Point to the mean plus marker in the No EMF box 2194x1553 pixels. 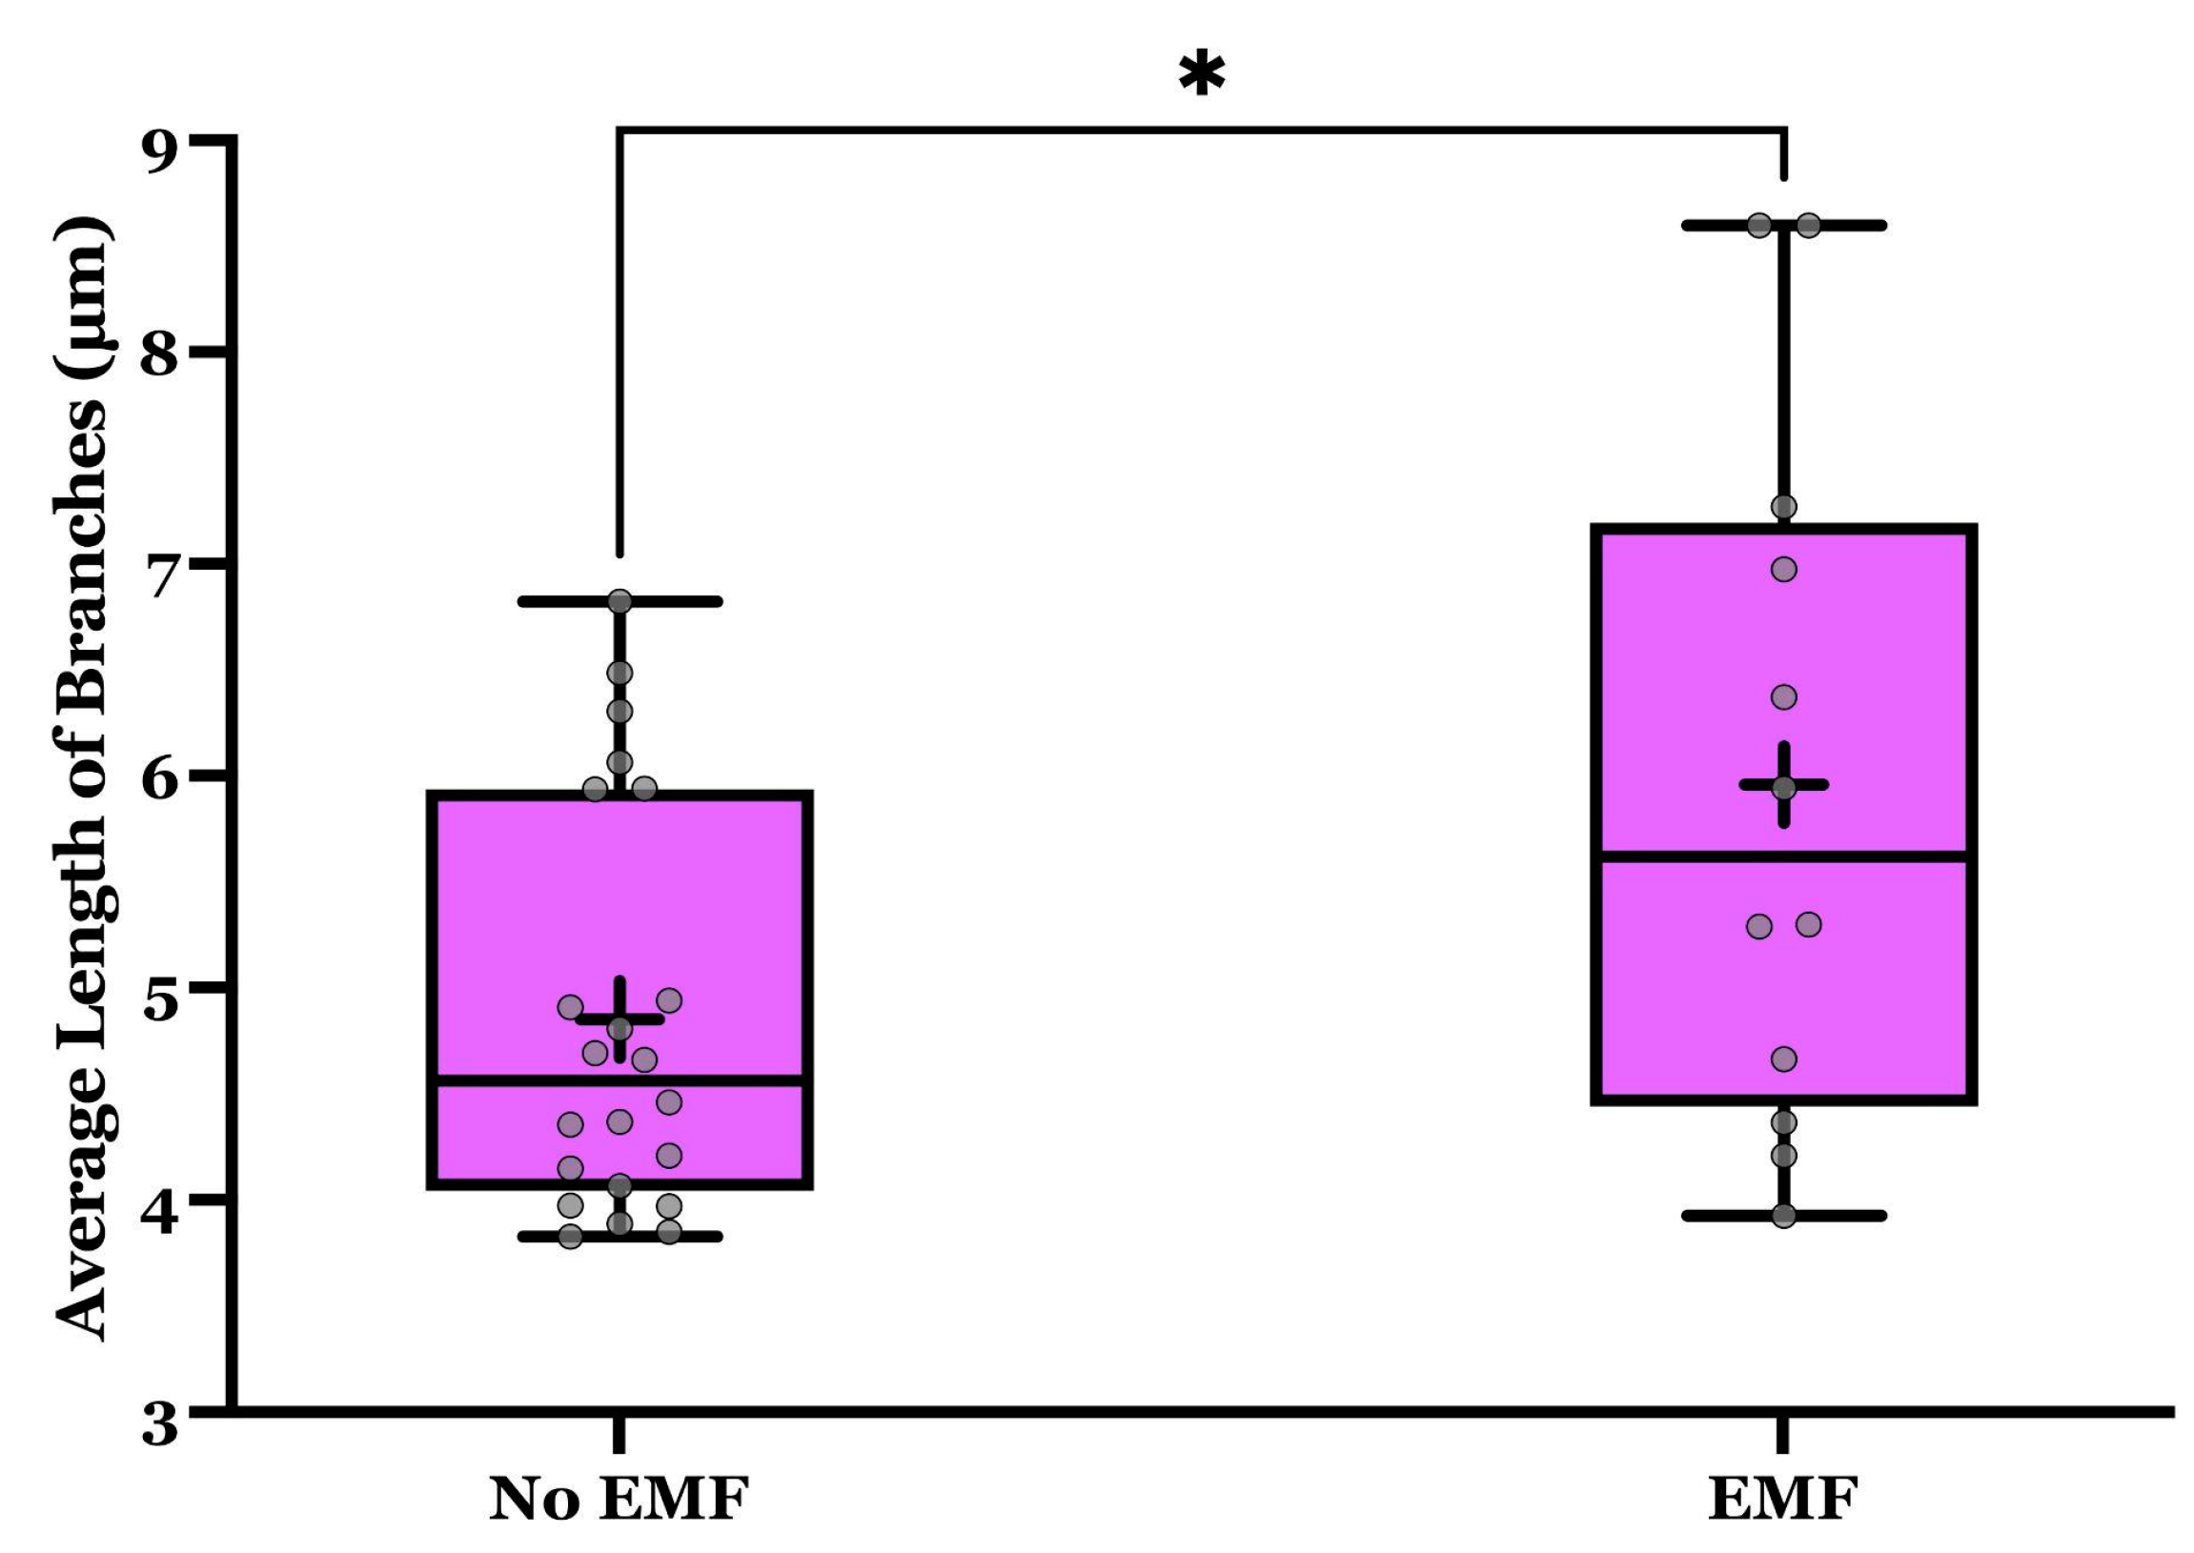click(x=620, y=1019)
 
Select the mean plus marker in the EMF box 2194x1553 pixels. click(x=1784, y=784)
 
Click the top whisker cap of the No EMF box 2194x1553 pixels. click(x=669, y=601)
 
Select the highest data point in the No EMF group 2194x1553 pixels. click(x=620, y=601)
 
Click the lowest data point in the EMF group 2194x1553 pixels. click(x=1784, y=1217)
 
